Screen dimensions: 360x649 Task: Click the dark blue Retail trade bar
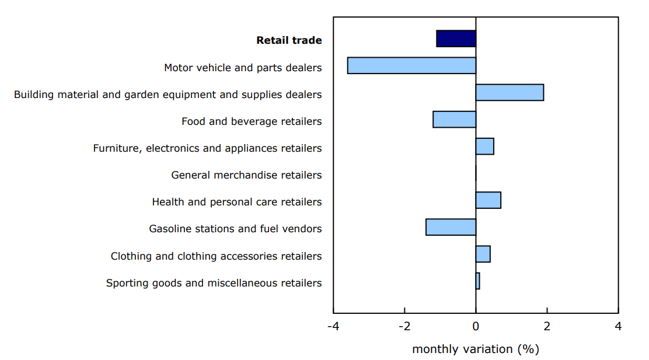pos(456,39)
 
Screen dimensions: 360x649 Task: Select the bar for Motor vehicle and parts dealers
pos(411,65)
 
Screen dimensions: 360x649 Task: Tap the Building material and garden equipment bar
pos(510,92)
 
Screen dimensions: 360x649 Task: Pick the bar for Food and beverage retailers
pos(454,119)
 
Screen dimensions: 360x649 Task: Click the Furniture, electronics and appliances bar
pos(484,146)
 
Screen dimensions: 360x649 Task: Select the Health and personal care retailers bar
pos(488,200)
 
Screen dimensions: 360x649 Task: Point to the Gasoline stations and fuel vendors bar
pos(451,227)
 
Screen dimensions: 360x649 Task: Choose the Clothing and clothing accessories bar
pos(483,254)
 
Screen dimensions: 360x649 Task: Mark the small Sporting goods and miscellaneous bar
pos(477,281)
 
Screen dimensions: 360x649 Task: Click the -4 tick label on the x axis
pos(333,326)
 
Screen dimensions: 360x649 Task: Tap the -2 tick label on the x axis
pos(404,326)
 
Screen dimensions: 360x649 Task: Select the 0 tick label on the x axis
pos(476,326)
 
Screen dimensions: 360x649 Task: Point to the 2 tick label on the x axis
pos(547,326)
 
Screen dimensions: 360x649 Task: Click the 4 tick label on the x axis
pos(618,326)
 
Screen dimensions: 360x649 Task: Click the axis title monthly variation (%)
pos(475,349)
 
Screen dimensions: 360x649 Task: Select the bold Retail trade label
pos(289,40)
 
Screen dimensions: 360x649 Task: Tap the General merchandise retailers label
pos(246,175)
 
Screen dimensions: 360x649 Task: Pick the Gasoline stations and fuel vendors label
pos(235,229)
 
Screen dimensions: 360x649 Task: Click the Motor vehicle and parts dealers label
pos(243,68)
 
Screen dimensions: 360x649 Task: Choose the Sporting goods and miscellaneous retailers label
pos(214,283)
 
